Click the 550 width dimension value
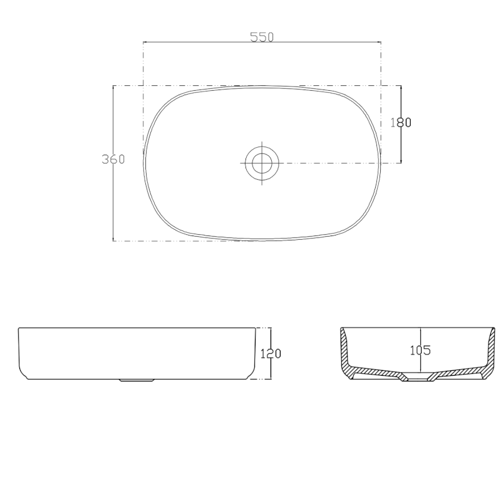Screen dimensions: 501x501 point(262,37)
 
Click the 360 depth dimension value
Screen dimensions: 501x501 point(113,159)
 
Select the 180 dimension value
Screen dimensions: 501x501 point(401,123)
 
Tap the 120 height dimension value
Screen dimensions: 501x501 point(270,354)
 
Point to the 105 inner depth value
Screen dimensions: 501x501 point(420,350)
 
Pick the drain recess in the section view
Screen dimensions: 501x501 point(415,378)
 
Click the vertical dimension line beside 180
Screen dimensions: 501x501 point(401,144)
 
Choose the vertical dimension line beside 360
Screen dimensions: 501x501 point(113,200)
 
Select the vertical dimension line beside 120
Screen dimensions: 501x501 point(270,369)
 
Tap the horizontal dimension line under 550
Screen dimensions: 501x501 point(207,43)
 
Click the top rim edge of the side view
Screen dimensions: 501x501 point(138,328)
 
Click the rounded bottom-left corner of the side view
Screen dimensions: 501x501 point(22,374)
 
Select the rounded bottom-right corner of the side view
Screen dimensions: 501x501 point(254,374)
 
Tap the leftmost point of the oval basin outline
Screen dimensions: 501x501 point(143,163)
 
